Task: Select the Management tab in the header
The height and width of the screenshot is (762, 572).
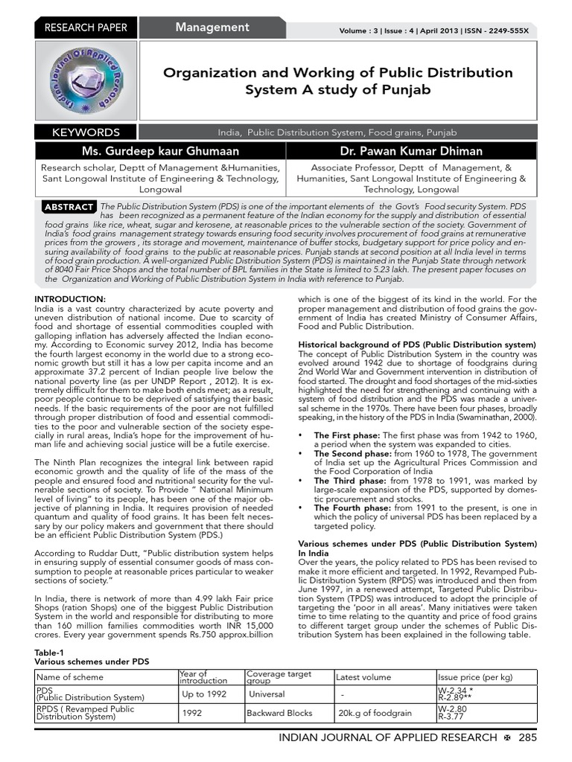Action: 212,28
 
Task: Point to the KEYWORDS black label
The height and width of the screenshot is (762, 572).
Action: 86,132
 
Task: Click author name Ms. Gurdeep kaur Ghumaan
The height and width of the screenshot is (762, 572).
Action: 161,152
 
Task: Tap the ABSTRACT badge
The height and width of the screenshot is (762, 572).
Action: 69,206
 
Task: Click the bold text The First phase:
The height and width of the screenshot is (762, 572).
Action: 346,435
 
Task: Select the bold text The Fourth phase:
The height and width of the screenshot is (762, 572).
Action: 349,508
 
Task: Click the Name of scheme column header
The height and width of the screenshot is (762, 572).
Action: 70,677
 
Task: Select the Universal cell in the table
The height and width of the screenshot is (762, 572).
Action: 267,694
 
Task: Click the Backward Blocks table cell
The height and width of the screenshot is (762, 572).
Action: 279,713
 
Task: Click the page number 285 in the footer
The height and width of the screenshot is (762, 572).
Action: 527,737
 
